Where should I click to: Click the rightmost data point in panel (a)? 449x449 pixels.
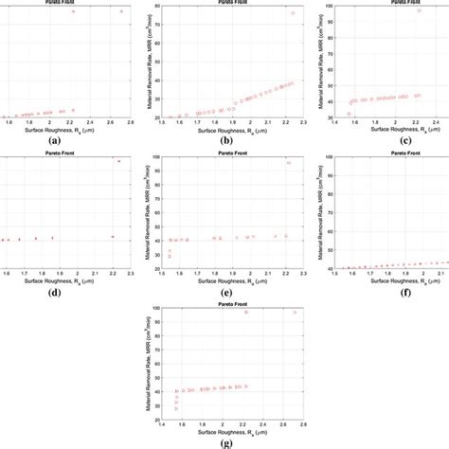[x=121, y=11]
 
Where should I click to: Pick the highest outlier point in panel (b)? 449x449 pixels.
[x=293, y=13]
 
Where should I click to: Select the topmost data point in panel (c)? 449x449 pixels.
[x=420, y=10]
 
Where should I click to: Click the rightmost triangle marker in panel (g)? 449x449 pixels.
[x=295, y=312]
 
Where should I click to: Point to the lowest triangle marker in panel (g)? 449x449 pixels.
[x=176, y=407]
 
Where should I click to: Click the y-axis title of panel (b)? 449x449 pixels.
[x=143, y=62]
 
